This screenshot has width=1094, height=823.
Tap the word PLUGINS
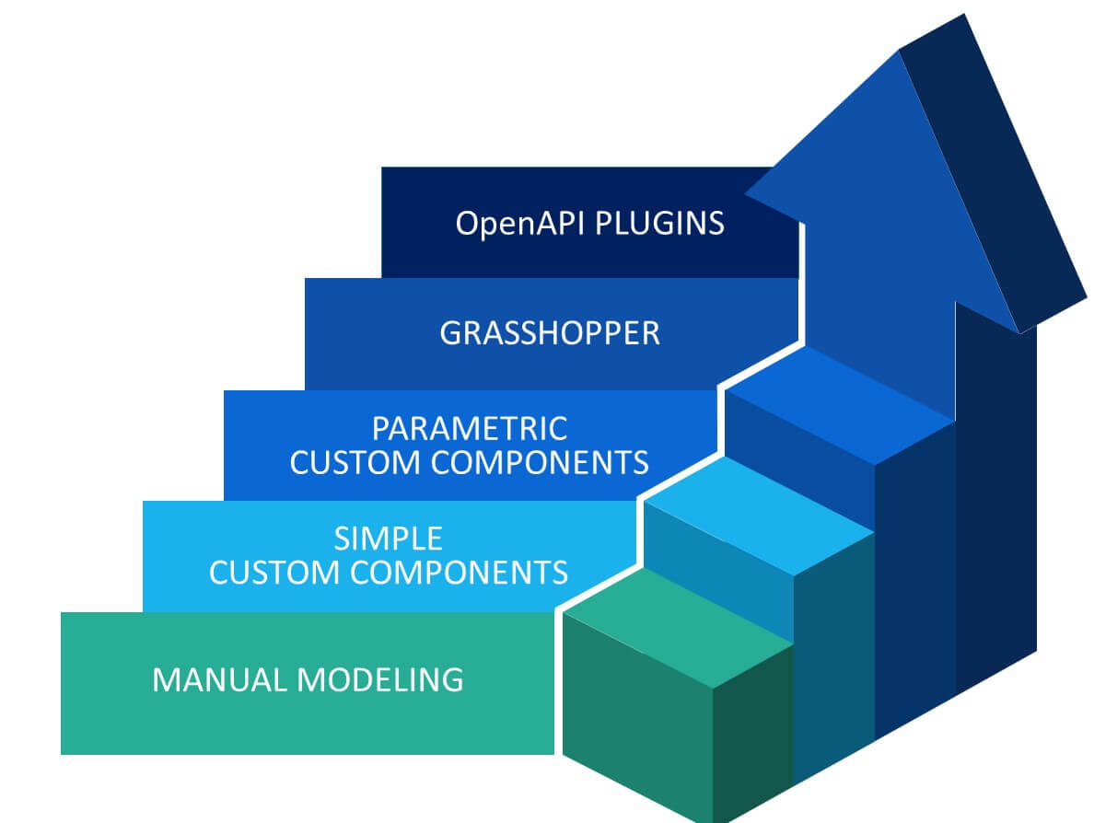tap(659, 224)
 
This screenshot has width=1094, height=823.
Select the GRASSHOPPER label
tap(550, 333)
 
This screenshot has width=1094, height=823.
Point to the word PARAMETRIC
tap(470, 428)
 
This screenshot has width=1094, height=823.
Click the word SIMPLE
tap(388, 539)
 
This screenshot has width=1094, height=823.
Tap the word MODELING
tap(380, 680)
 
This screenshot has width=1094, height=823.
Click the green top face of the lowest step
tap(678, 627)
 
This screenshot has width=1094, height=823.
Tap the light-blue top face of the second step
tap(759, 515)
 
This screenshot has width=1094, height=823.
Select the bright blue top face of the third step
tap(840, 404)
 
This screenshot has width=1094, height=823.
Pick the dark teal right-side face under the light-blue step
tap(833, 655)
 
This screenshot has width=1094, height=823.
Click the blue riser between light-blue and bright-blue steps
tap(799, 460)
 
